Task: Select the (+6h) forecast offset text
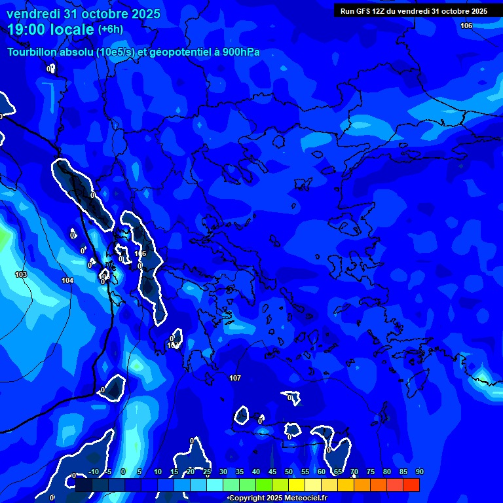(111, 29)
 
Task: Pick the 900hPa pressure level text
(241, 52)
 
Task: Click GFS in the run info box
(361, 11)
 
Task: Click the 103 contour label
(21, 274)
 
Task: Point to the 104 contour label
(67, 280)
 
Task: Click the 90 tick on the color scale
(419, 472)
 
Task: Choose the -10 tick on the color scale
(92, 472)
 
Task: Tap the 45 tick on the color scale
(272, 472)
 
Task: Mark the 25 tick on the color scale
(207, 472)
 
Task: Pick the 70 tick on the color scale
(354, 472)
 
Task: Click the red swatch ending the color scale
(411, 485)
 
